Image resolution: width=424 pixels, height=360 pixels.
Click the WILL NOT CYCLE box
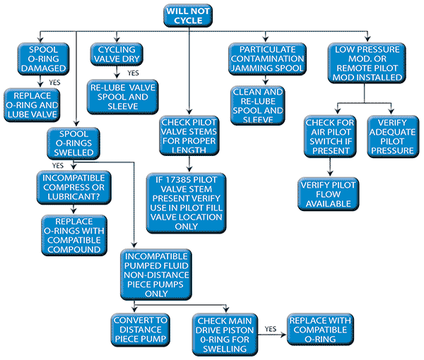[x=189, y=15]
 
